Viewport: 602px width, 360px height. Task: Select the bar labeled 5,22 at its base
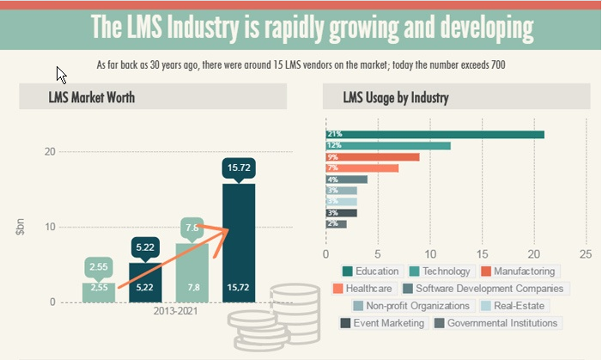[x=145, y=287]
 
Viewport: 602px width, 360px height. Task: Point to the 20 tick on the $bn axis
[x=50, y=152]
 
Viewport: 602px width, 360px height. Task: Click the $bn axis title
[x=19, y=228]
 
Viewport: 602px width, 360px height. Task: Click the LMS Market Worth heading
[x=92, y=97]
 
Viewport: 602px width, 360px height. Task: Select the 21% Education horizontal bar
[x=435, y=134]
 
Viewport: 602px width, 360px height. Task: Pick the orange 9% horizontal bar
[x=373, y=156]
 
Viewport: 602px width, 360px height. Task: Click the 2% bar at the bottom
[x=336, y=223]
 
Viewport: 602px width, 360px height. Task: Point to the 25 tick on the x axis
[x=586, y=254]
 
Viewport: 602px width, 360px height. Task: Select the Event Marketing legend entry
[x=383, y=323]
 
